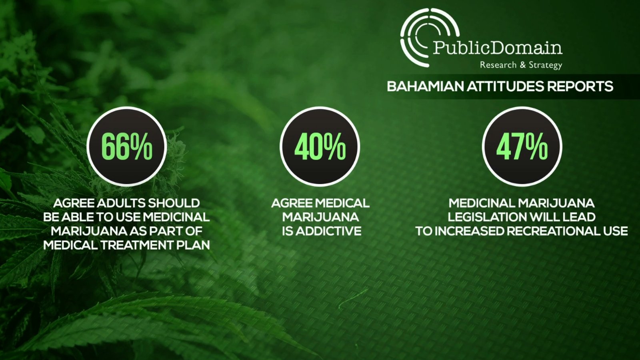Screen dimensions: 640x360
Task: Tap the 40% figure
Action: tap(320, 147)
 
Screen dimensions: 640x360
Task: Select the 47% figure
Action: tap(522, 147)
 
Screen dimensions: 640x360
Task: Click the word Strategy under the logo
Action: tap(546, 65)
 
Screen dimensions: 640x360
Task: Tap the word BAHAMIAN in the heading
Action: tap(426, 86)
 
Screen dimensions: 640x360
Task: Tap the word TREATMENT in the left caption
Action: tap(136, 245)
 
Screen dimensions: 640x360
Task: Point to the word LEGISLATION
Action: tap(487, 217)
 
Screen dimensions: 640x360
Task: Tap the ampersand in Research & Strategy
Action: tap(522, 65)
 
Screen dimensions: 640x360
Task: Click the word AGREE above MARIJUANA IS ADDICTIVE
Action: tap(292, 203)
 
